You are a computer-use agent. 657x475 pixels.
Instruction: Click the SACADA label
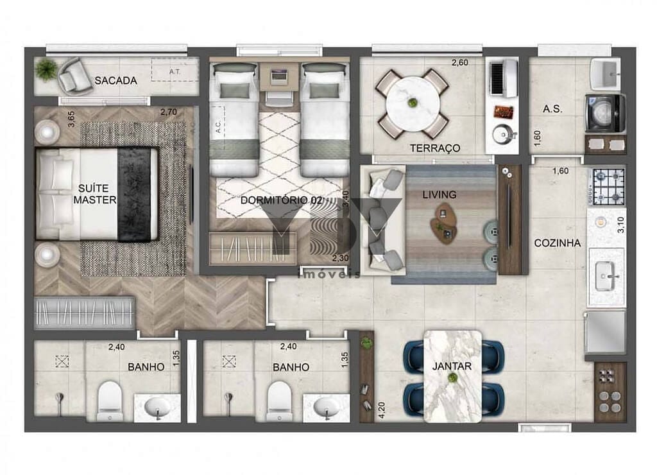[115, 81]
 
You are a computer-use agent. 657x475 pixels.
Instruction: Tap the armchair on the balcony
[76, 76]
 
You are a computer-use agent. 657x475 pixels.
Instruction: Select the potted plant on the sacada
[46, 69]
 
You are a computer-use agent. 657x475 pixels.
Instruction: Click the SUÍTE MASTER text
[95, 194]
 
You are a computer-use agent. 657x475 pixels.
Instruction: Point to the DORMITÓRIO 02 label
[281, 200]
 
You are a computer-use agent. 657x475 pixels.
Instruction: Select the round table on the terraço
[412, 103]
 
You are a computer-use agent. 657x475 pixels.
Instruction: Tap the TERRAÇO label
[435, 148]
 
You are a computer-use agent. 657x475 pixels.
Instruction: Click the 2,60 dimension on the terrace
[459, 63]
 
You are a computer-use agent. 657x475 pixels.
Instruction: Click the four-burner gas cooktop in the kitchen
[608, 186]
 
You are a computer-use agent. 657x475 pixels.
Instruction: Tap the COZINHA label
[558, 243]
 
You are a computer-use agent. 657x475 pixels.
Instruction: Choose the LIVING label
[439, 194]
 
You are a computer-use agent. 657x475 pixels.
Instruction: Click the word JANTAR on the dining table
[452, 367]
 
